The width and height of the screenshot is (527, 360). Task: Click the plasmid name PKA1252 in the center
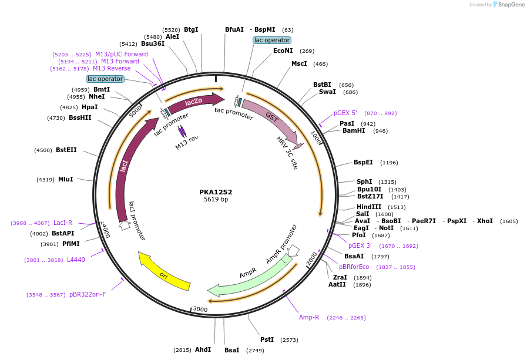click(x=216, y=192)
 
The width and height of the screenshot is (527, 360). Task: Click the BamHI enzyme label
click(x=354, y=131)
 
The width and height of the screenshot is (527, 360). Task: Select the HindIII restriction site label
click(x=368, y=207)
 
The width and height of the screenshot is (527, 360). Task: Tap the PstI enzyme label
click(x=267, y=339)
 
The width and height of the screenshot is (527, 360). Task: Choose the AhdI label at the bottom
click(x=203, y=349)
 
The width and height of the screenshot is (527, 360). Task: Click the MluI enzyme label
click(x=66, y=179)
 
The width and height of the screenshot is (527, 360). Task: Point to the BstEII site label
click(x=66, y=150)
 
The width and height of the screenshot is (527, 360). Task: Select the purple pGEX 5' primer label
click(x=345, y=113)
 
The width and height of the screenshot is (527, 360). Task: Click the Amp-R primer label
click(x=309, y=317)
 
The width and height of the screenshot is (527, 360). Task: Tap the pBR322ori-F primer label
click(x=88, y=294)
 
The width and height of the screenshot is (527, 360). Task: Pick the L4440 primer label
click(x=76, y=260)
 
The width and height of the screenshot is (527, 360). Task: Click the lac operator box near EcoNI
click(x=271, y=40)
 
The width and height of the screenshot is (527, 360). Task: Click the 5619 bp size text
click(x=216, y=200)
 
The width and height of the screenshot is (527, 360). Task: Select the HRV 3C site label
click(x=288, y=153)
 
